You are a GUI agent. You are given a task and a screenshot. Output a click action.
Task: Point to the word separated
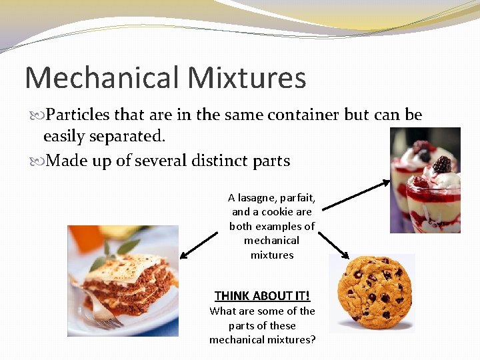(129, 137)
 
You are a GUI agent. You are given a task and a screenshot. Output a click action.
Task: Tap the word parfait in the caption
(299, 198)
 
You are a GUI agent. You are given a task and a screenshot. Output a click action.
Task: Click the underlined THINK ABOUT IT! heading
(262, 295)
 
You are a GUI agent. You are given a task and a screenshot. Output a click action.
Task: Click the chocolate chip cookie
(374, 291)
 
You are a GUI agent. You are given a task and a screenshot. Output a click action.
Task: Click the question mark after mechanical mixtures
(313, 340)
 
